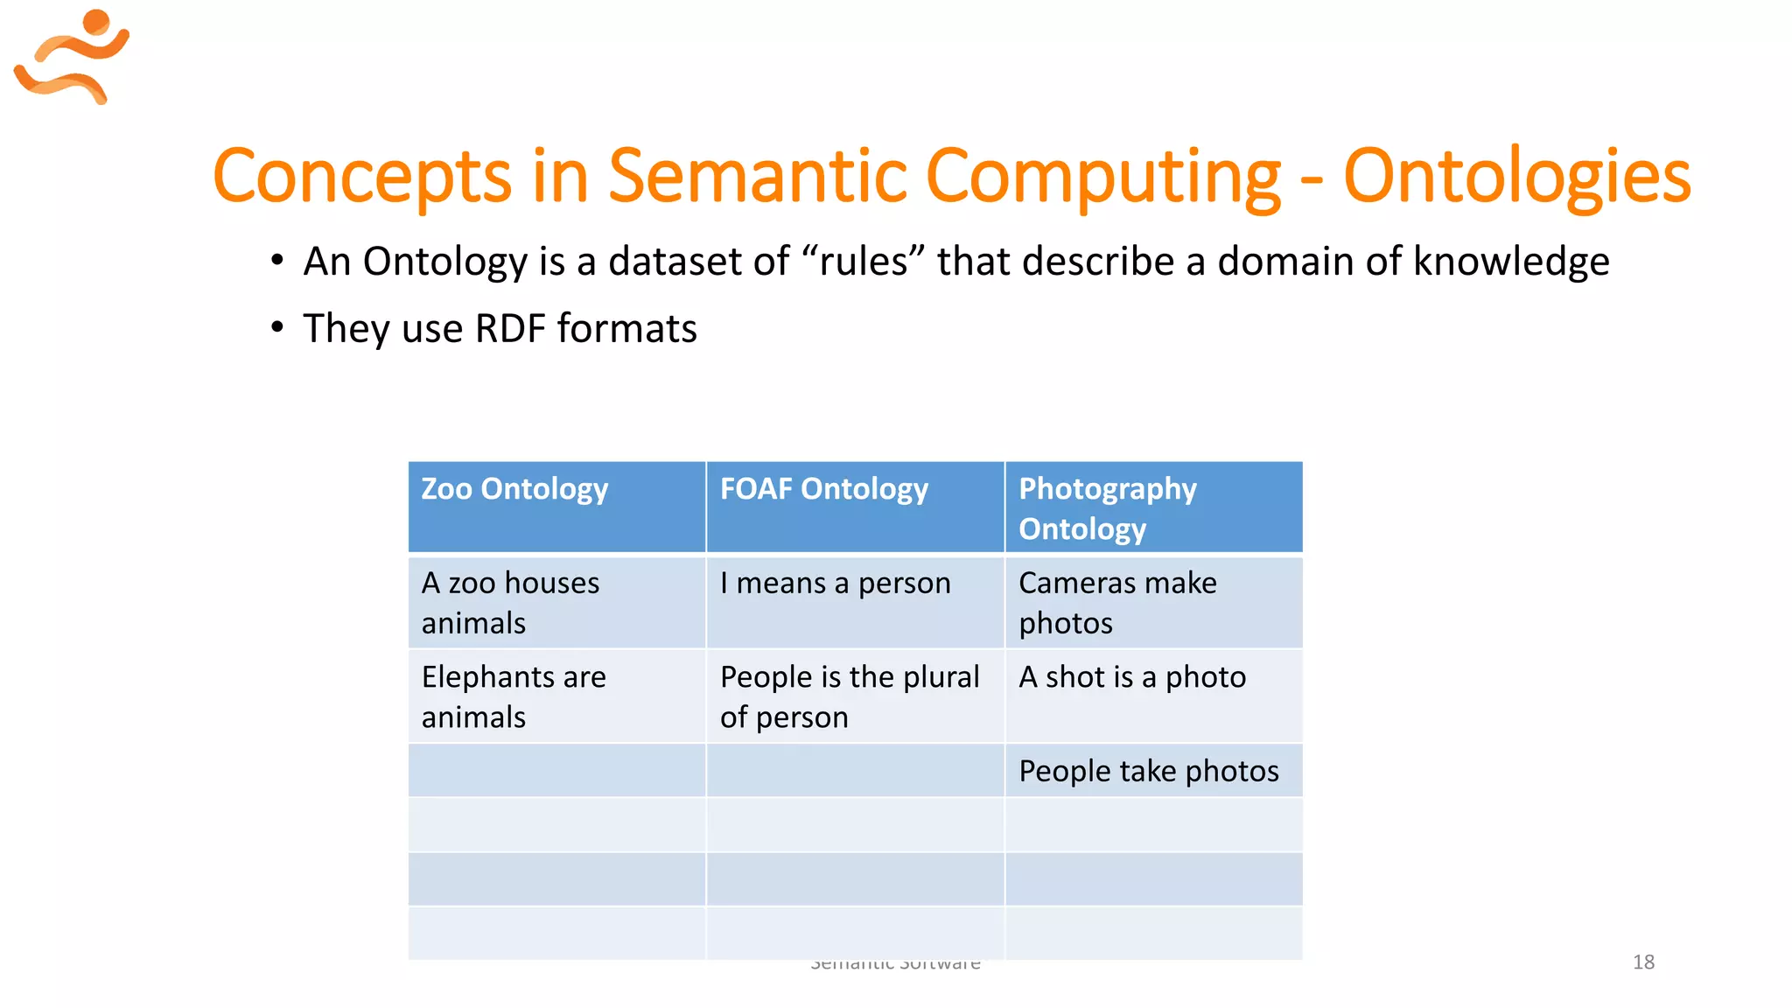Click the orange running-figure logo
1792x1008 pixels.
tap(72, 57)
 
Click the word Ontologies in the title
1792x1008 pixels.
tap(1516, 177)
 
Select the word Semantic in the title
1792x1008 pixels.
tap(759, 177)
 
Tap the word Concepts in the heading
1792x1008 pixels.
tap(361, 177)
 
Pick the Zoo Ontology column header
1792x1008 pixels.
tap(514, 489)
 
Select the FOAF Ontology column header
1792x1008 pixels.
tap(823, 489)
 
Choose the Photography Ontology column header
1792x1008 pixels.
tap(1108, 507)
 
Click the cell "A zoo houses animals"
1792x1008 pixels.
tap(510, 603)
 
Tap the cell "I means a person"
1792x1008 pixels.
tap(835, 584)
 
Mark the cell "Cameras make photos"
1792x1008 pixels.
tap(1117, 603)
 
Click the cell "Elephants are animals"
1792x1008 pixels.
tap(514, 696)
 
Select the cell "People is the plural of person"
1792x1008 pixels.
tap(849, 696)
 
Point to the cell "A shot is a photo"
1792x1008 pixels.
tap(1132, 677)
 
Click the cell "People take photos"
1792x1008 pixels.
tap(1148, 771)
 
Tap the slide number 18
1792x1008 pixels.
tap(1643, 962)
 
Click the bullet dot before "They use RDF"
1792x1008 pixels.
tap(277, 327)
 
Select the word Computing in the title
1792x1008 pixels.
tap(1102, 177)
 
